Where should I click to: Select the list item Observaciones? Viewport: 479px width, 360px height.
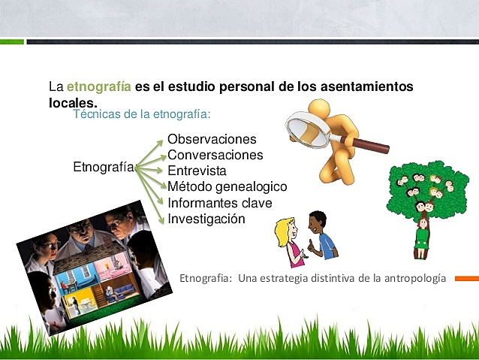(212, 139)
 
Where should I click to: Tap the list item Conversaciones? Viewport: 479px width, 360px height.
(215, 155)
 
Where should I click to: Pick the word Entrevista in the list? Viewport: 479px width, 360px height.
(197, 171)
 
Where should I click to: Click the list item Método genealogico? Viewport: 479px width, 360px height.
(227, 186)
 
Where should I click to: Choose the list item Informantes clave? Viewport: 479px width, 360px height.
(219, 203)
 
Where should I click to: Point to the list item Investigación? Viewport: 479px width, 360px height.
(206, 219)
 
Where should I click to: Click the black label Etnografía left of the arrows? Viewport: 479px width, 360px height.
(104, 167)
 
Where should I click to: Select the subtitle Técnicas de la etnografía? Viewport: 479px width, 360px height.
(142, 114)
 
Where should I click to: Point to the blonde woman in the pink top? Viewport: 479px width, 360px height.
(287, 241)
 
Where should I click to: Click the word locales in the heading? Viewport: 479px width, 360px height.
(71, 101)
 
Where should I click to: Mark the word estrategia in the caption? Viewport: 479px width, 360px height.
(288, 278)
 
